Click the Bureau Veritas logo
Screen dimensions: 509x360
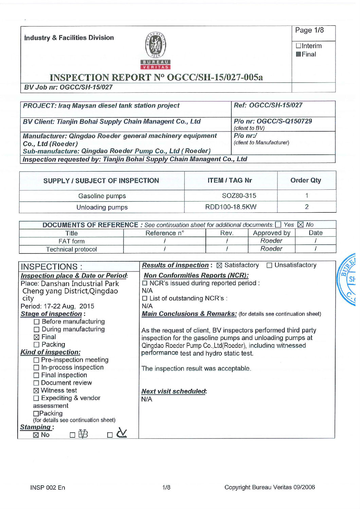pos(156,50)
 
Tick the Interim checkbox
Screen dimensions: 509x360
pos(299,46)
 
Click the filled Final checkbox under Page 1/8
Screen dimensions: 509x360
pos(299,54)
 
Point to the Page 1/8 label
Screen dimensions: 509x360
pos(309,30)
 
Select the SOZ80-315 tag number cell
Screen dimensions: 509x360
pos(239,196)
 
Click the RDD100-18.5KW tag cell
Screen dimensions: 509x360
pos(231,207)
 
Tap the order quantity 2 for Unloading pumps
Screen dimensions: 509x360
pos(307,207)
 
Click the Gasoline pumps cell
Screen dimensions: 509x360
pos(102,196)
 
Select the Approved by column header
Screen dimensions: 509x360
pos(271,233)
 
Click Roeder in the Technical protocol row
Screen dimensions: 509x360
pos(271,249)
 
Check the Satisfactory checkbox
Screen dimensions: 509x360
pos(219,265)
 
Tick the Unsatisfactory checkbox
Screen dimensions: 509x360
pos(269,265)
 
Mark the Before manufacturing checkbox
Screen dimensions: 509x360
pos(37,322)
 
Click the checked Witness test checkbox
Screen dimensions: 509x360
pos(36,391)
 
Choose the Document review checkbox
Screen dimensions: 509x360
pos(36,383)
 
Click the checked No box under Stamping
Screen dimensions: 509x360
pos(36,435)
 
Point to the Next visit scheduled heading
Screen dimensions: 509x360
pos(174,391)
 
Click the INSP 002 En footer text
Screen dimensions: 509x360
pos(48,488)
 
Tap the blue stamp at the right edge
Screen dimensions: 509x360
pos(348,280)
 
